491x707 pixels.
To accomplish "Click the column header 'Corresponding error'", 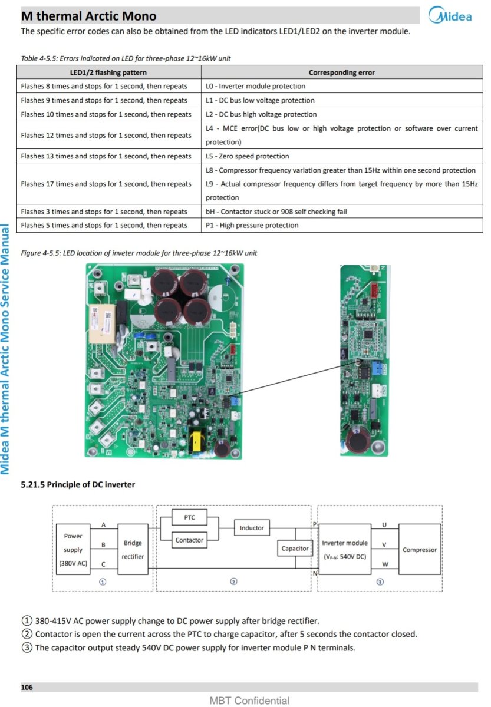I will pyautogui.click(x=341, y=72).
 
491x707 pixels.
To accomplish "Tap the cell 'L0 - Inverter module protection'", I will pyautogui.click(x=255, y=86).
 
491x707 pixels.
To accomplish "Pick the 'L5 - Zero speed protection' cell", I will pyautogui.click(x=247, y=156).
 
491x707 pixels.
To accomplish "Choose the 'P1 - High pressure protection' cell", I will pyautogui.click(x=252, y=225).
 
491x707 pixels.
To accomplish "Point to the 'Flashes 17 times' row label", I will pyautogui.click(x=106, y=184).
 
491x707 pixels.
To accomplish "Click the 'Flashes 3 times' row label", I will pyautogui.click(x=104, y=212).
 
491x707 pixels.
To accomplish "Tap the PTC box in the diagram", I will pyautogui.click(x=190, y=518).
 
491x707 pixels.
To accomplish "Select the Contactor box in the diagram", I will pyautogui.click(x=190, y=540).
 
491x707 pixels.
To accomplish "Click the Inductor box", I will pyautogui.click(x=252, y=527).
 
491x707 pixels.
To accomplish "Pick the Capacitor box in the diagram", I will pyautogui.click(x=295, y=549).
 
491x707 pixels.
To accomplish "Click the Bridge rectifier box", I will pyautogui.click(x=133, y=549).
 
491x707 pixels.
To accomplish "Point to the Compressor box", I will pyautogui.click(x=420, y=550).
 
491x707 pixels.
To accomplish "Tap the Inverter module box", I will pyautogui.click(x=345, y=549).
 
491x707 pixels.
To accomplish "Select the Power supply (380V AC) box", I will pyautogui.click(x=73, y=549).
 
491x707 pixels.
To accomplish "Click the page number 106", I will pyautogui.click(x=27, y=687).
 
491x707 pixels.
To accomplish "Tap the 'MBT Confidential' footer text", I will pyautogui.click(x=249, y=701).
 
